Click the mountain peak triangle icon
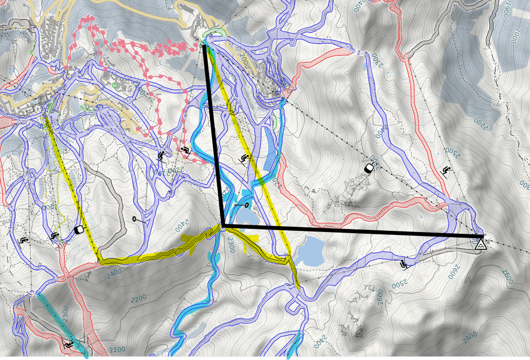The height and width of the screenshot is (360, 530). [x=480, y=244]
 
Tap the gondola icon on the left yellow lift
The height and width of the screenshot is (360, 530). [x=79, y=230]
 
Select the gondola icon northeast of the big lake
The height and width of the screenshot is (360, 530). [x=369, y=168]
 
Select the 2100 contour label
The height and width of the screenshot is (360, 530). [x=116, y=350]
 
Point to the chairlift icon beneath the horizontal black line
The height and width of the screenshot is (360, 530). [x=405, y=264]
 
